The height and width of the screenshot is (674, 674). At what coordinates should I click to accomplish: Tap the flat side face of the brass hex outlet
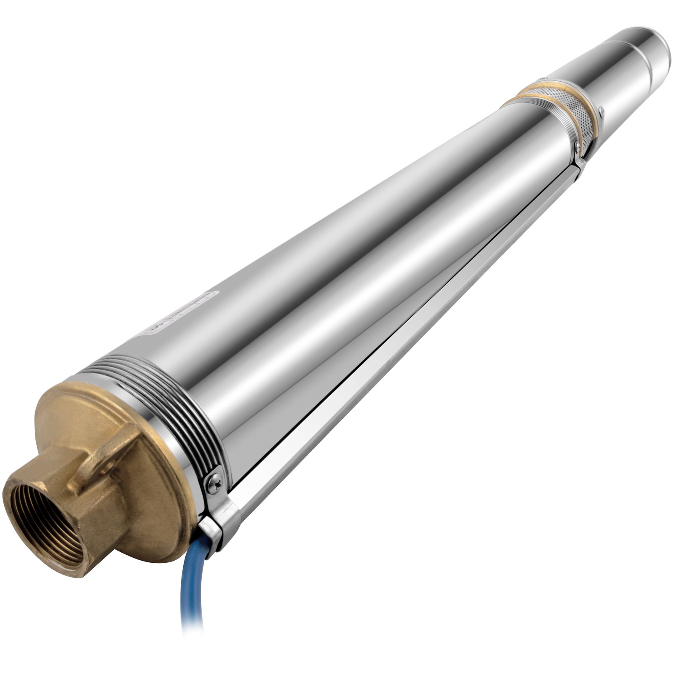click(97, 505)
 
